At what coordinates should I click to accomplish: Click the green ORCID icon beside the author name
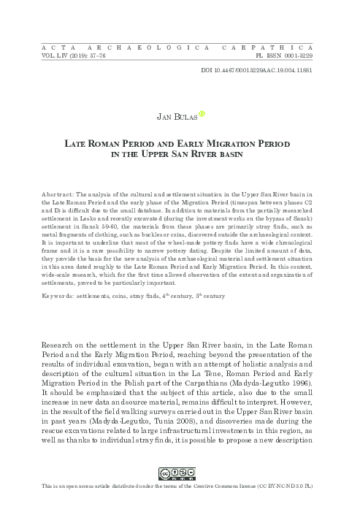[204, 113]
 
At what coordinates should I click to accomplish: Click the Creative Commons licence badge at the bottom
[180, 490]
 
